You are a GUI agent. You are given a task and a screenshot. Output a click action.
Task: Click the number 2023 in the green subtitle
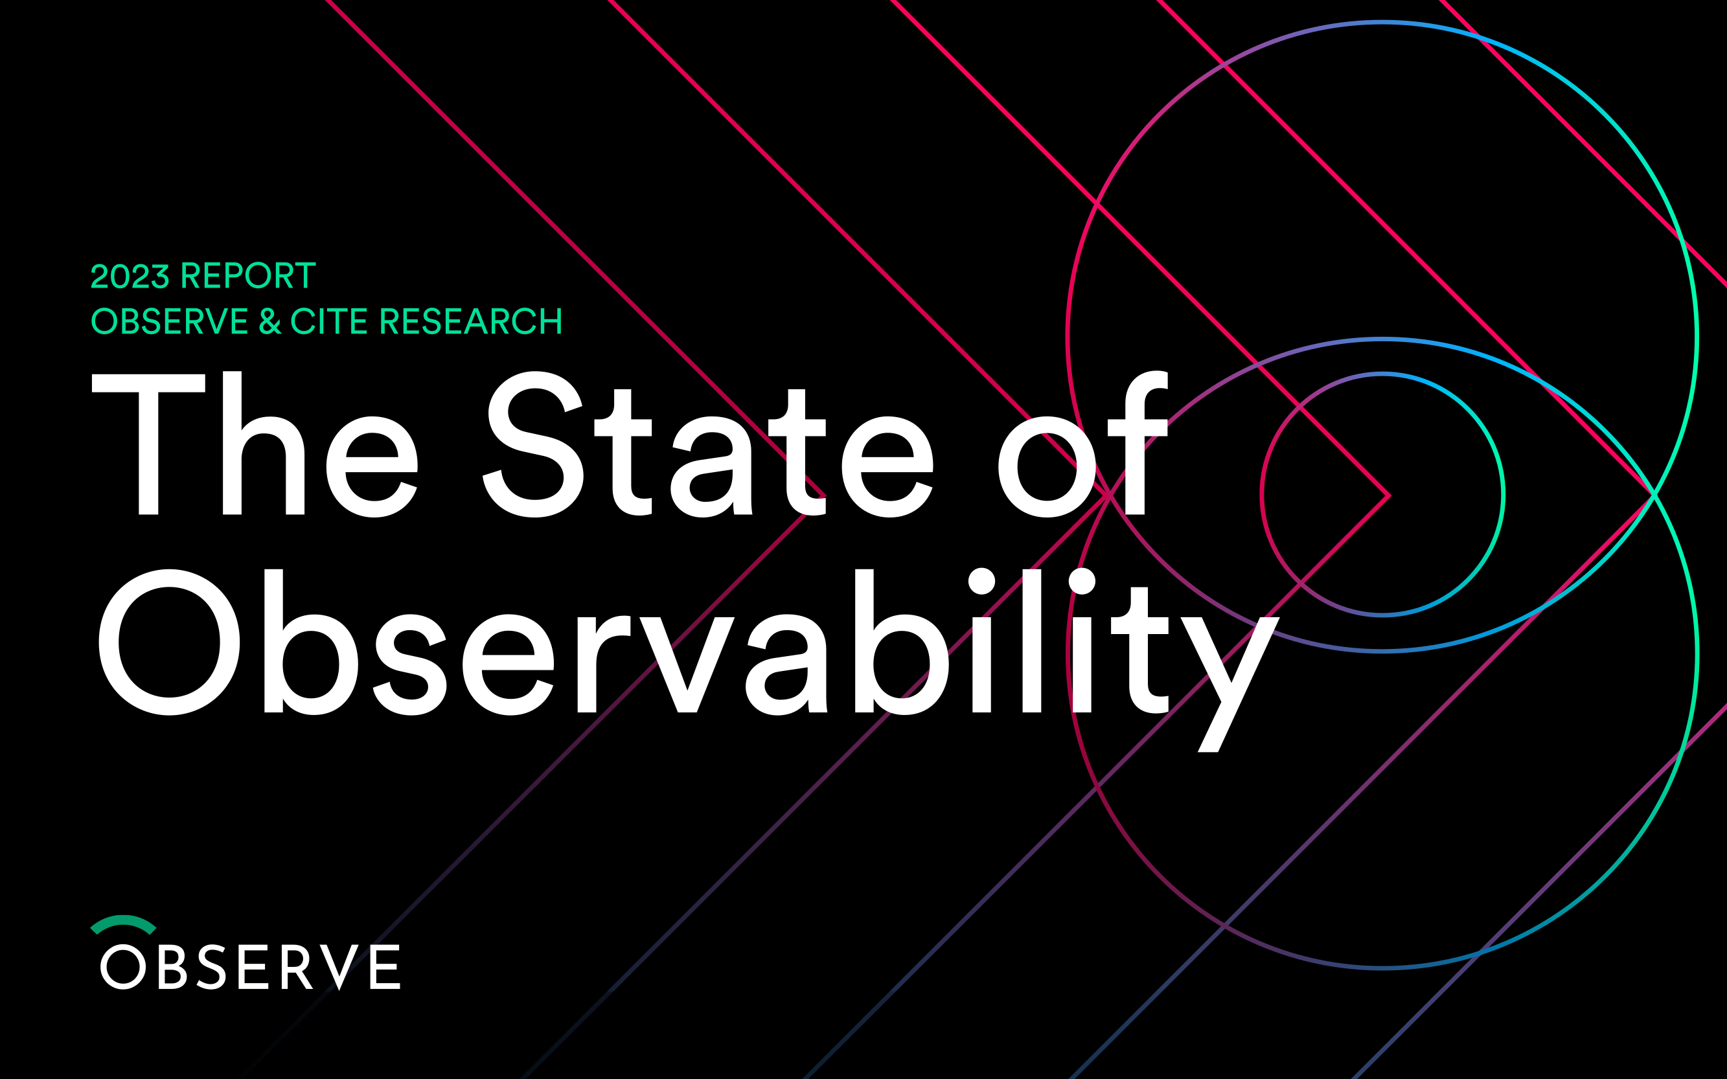coord(130,276)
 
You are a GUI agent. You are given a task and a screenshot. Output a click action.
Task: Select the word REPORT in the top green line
coord(248,275)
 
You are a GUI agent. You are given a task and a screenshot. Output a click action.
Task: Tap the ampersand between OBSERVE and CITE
coord(269,321)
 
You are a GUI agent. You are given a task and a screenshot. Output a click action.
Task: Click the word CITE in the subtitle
coord(330,321)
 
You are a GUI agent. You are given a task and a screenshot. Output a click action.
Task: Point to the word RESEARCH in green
coord(471,321)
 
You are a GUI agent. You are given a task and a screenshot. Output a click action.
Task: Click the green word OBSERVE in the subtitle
coord(169,321)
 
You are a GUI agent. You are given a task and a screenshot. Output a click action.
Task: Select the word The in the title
coord(255,444)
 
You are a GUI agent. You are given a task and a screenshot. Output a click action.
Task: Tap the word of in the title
coord(1082,444)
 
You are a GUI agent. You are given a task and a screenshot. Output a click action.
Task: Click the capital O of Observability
coord(169,642)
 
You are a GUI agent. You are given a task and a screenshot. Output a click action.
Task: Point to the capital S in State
coord(533,444)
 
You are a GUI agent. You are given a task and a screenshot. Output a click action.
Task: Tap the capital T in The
coord(148,444)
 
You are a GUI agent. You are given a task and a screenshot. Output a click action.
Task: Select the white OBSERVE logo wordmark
coord(250,967)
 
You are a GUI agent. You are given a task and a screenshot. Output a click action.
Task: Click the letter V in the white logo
coord(339,967)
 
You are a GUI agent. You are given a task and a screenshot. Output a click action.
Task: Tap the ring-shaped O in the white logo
coord(101,967)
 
